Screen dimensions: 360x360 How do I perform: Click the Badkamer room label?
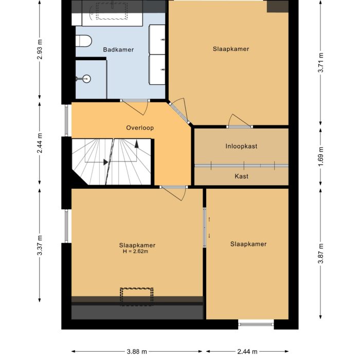tap(118, 50)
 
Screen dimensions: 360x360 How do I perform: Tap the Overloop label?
tap(140, 128)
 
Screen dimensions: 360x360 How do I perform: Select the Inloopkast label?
tap(241, 146)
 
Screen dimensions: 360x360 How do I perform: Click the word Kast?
tap(241, 176)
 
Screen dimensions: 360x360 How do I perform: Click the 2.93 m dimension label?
tap(40, 50)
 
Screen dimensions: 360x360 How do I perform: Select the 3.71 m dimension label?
tap(320, 63)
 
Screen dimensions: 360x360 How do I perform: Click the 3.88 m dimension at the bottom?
tap(136, 351)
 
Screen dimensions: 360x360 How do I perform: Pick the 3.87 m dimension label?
tap(320, 253)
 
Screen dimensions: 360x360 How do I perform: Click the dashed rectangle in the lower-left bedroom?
tap(137, 296)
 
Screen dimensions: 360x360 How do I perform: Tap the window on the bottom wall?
tap(256, 324)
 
